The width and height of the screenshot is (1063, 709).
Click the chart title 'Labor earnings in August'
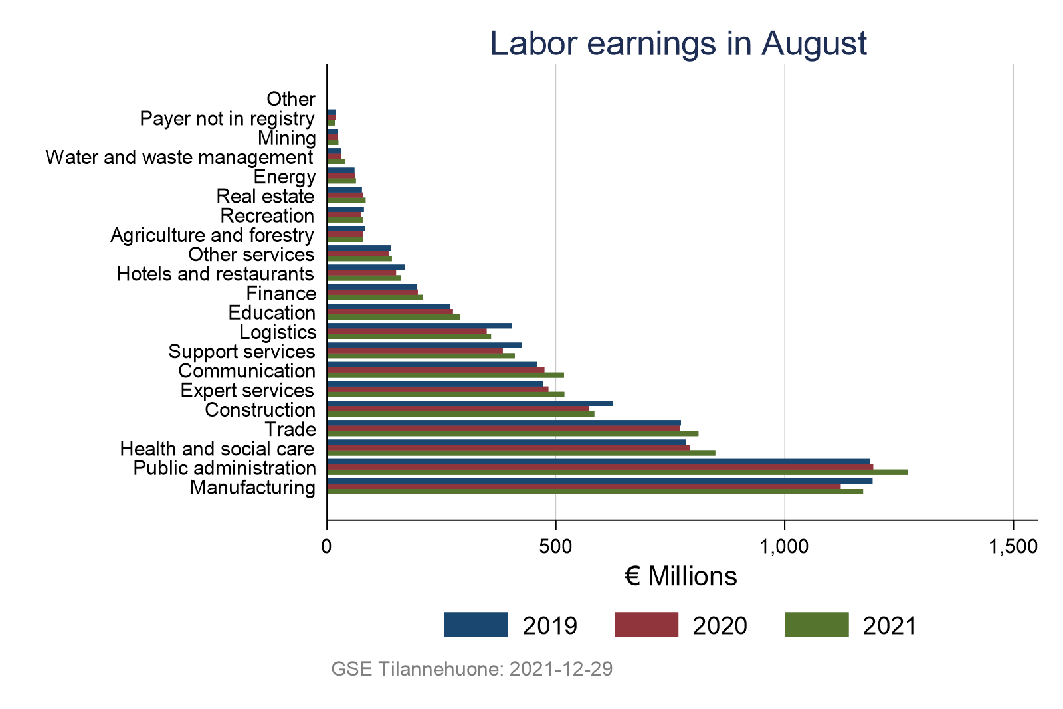click(678, 44)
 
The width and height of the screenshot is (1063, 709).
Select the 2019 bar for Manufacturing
click(599, 481)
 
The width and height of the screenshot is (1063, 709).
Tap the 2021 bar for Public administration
click(617, 472)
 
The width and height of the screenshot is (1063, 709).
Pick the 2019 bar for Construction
click(470, 403)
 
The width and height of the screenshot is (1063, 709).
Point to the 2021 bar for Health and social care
click(521, 453)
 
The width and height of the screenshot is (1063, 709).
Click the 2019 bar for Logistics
click(419, 326)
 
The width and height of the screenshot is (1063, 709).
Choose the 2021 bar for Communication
click(445, 375)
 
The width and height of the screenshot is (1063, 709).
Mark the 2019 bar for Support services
click(424, 345)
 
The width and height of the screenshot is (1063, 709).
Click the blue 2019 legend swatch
click(476, 625)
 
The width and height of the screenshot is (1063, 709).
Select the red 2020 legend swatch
click(646, 625)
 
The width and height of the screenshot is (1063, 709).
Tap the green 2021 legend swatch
click(817, 625)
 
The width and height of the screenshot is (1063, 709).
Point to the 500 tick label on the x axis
click(555, 547)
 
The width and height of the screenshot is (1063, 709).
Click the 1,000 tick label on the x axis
click(785, 547)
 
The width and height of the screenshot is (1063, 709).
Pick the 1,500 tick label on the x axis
click(1013, 547)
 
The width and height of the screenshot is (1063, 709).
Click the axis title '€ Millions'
click(681, 577)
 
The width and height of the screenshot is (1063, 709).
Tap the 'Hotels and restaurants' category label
click(215, 274)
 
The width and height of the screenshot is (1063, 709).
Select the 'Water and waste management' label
click(179, 157)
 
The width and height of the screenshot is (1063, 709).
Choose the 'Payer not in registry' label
click(227, 118)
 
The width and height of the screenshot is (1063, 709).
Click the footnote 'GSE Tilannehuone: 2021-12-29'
click(472, 669)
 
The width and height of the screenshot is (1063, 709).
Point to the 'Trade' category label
click(290, 429)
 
